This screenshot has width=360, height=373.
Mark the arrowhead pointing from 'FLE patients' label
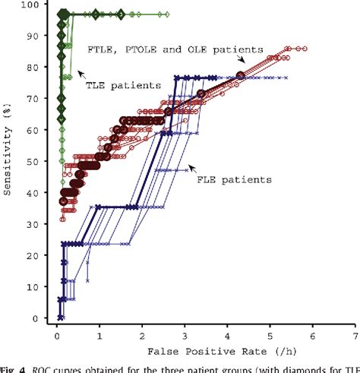coord(190,166)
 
